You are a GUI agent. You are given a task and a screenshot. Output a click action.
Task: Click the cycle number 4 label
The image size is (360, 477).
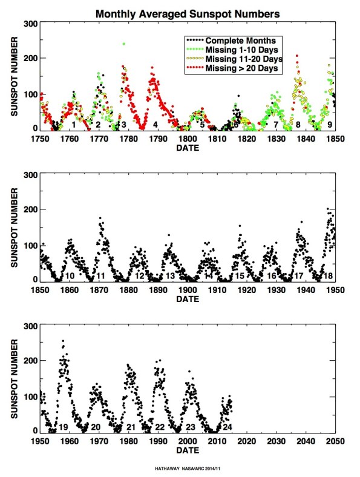tap(155, 125)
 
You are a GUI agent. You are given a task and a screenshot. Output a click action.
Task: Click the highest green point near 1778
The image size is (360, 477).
tap(124, 44)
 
